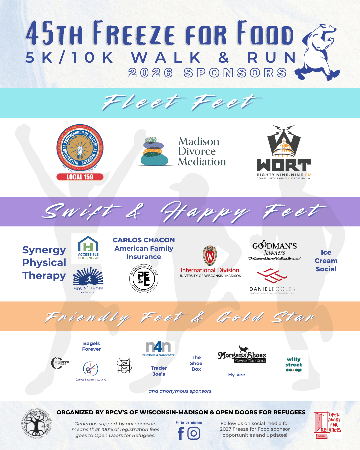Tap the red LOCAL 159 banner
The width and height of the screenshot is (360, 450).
pos(80,177)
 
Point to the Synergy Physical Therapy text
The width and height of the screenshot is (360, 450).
pos(44,263)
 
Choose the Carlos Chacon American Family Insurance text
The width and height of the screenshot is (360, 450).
pos(144,248)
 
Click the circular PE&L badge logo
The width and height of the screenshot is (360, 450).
pos(144,279)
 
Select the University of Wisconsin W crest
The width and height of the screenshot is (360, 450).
pos(210,256)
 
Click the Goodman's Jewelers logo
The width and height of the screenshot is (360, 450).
pos(274,250)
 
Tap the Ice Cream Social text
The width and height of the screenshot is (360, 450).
pos(326,261)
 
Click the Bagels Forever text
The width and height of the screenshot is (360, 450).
pos(91,346)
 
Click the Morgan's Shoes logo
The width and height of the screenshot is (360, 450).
pos(242,355)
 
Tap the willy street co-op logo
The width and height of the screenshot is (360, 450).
pos(294,365)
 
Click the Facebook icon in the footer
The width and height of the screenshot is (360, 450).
pos(181,433)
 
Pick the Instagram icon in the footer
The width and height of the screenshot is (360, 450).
pos(194,433)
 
